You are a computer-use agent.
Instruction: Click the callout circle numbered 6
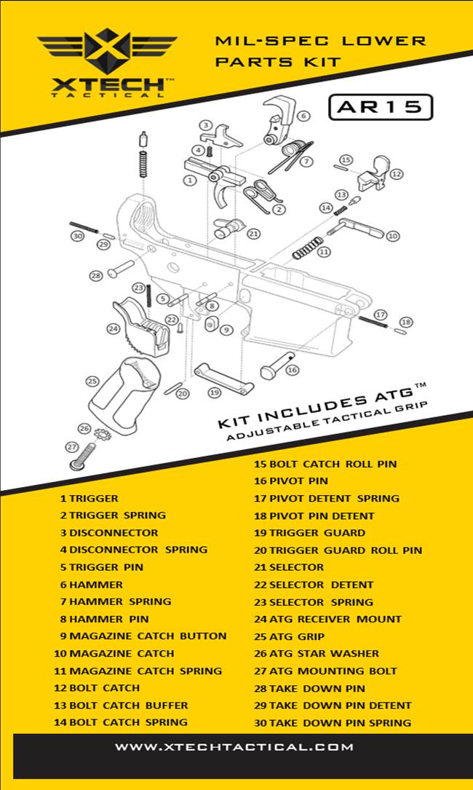[303, 115]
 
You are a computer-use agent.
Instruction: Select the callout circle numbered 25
[92, 381]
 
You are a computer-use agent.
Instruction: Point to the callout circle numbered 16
[292, 370]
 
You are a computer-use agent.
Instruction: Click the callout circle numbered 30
[76, 236]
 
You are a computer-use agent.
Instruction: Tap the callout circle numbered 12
[396, 174]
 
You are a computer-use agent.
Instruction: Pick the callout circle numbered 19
[214, 392]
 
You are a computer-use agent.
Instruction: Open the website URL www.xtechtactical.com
[234, 747]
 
